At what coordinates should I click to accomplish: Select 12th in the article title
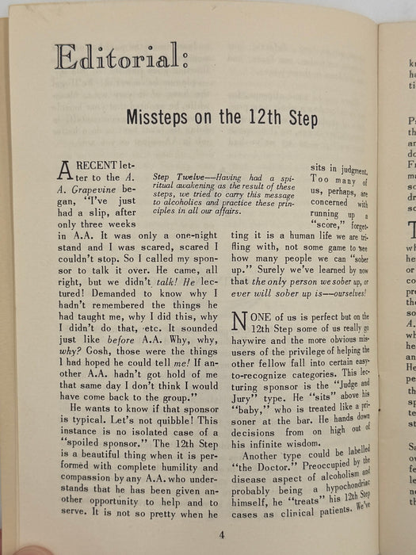[261, 119]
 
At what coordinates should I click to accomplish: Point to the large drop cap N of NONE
[240, 319]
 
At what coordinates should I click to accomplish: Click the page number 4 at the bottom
[222, 533]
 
